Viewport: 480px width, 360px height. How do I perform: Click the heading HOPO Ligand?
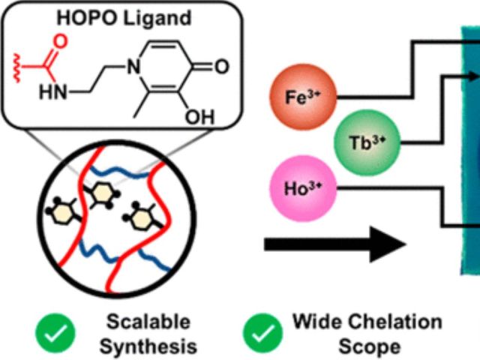click(114, 16)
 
